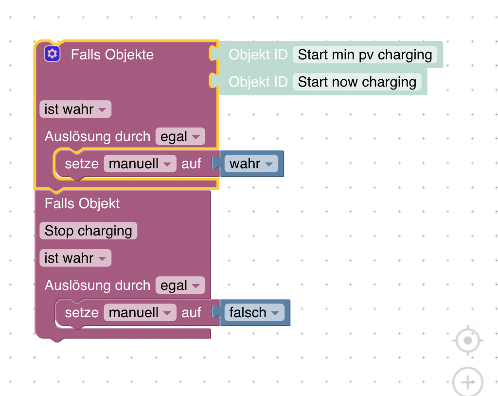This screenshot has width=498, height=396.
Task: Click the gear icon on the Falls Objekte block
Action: point(52,54)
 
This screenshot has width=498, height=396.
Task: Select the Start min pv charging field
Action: point(365,54)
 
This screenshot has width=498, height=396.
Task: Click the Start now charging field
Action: point(357,82)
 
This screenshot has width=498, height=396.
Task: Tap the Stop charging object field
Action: point(88,231)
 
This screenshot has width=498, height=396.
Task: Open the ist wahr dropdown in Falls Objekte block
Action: point(75,109)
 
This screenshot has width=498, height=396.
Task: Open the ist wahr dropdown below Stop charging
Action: point(75,258)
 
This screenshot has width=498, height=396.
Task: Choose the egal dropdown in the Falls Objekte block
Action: point(180,137)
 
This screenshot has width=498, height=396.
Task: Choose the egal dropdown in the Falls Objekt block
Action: point(180,286)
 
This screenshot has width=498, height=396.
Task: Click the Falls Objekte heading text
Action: point(112,54)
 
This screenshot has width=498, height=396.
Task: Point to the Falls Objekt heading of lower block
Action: point(82,203)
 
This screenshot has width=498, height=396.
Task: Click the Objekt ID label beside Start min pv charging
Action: point(258,54)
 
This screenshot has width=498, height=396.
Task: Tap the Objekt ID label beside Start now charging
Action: point(258,82)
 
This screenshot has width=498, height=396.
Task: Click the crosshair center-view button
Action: point(468,341)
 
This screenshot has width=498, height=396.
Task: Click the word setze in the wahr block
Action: point(82,164)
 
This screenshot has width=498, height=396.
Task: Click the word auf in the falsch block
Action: point(191,313)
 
